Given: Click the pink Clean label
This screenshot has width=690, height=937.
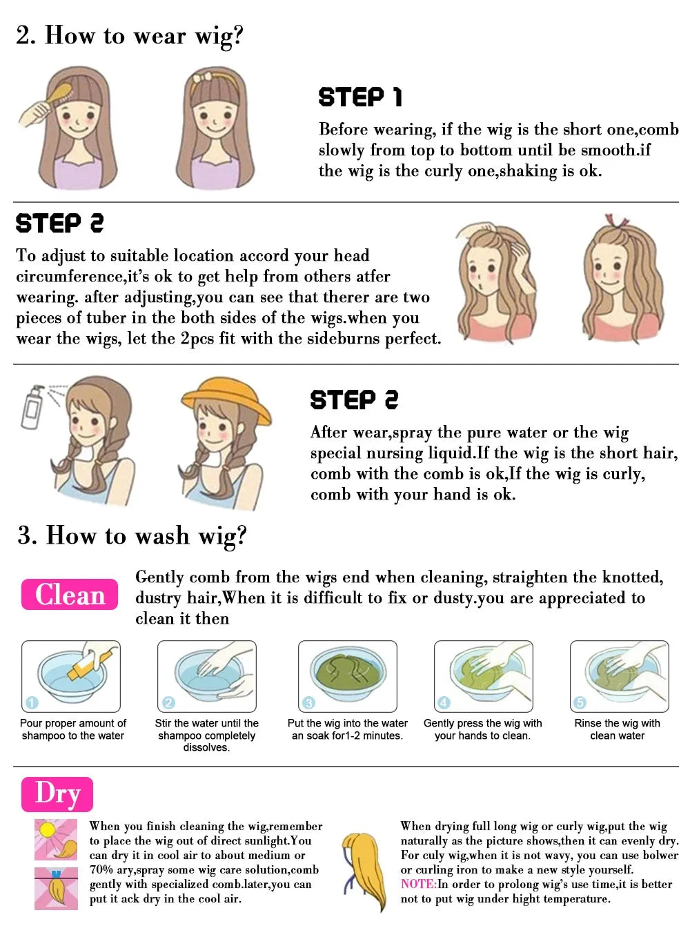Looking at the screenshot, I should point(70,594).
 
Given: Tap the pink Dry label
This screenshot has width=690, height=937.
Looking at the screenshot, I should point(57,793).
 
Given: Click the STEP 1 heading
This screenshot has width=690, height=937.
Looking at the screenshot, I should point(359,97).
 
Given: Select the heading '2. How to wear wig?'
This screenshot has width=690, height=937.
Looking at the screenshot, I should point(130,35).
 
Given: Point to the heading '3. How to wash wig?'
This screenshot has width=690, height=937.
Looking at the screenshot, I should point(132,535).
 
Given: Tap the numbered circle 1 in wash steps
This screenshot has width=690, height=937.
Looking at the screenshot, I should point(32,702).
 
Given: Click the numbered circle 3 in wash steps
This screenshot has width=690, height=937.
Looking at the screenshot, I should point(308,702).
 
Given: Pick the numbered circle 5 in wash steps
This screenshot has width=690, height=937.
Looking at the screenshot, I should point(580,702).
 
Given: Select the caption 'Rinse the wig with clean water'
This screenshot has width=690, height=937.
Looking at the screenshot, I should point(617,729).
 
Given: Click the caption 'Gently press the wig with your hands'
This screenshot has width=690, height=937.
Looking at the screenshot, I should point(482,729).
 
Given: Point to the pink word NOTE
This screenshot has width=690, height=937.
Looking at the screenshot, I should point(417,884).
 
